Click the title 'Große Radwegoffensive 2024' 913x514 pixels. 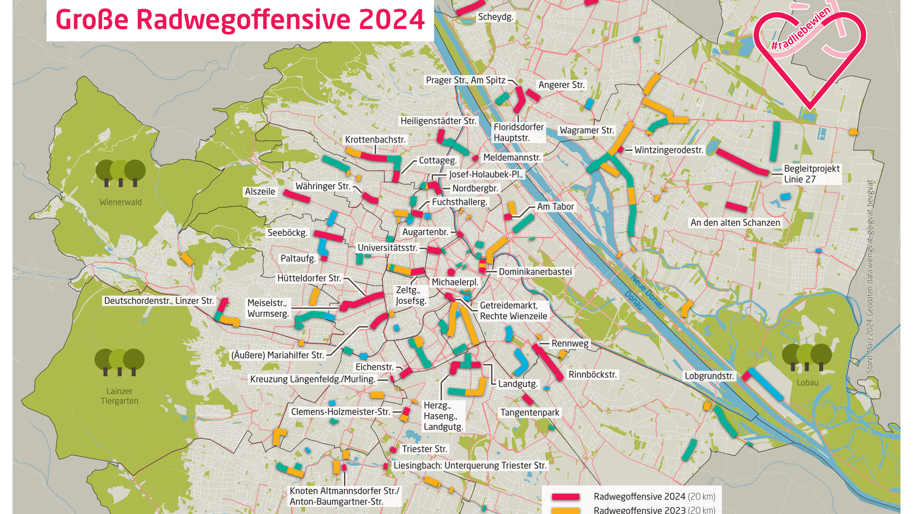coord(240,19)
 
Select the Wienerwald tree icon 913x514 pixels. coord(121,173)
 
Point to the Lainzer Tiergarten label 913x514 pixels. coord(120,396)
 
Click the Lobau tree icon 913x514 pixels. coord(807,357)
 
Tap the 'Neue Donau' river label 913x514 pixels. coord(647,291)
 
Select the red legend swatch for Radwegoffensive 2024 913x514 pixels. coord(565,497)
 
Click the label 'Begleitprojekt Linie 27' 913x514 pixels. coord(811,174)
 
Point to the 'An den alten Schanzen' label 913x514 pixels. coord(735,223)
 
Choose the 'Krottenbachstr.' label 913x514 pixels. coord(375,139)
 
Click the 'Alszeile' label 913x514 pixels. coord(260,191)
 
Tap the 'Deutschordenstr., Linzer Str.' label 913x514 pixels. coord(159,301)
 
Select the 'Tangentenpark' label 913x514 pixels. coord(530,412)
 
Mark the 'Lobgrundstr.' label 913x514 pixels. coord(709,376)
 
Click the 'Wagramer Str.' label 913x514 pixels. coord(587,130)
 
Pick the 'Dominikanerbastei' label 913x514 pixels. coord(535,272)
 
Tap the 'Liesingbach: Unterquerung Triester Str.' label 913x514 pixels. coord(470,465)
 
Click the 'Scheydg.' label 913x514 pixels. coord(495,17)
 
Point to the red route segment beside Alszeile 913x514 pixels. coord(296,196)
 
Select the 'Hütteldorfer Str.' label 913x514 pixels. coord(309,278)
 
